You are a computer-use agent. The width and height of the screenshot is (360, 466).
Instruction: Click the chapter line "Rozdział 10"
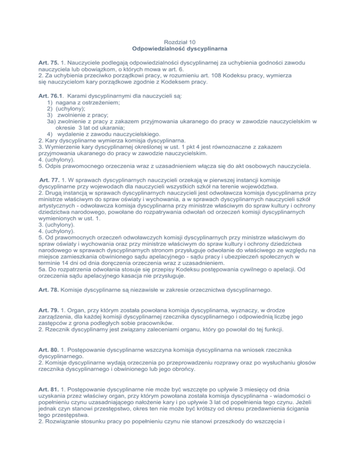[180, 42]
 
